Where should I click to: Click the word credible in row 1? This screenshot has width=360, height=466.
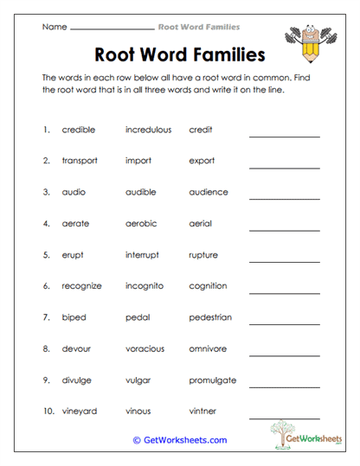point(79,130)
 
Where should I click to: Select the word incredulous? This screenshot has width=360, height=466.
point(148,130)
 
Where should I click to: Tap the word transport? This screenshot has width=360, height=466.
point(80,161)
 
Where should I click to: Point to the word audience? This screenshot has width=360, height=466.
point(209,192)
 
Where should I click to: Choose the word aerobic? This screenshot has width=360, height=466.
point(141,223)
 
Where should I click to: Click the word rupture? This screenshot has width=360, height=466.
point(203,255)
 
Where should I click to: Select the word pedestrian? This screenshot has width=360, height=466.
point(210,317)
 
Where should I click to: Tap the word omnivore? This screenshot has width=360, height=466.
point(208,348)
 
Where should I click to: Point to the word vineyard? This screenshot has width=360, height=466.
point(80,411)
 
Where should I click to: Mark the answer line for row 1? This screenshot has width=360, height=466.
point(284,137)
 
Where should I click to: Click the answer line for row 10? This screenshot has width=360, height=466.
point(284,418)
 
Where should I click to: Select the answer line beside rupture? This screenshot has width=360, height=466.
point(284,261)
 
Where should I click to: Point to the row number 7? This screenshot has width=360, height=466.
point(46,317)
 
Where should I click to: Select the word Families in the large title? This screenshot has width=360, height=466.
point(223,56)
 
